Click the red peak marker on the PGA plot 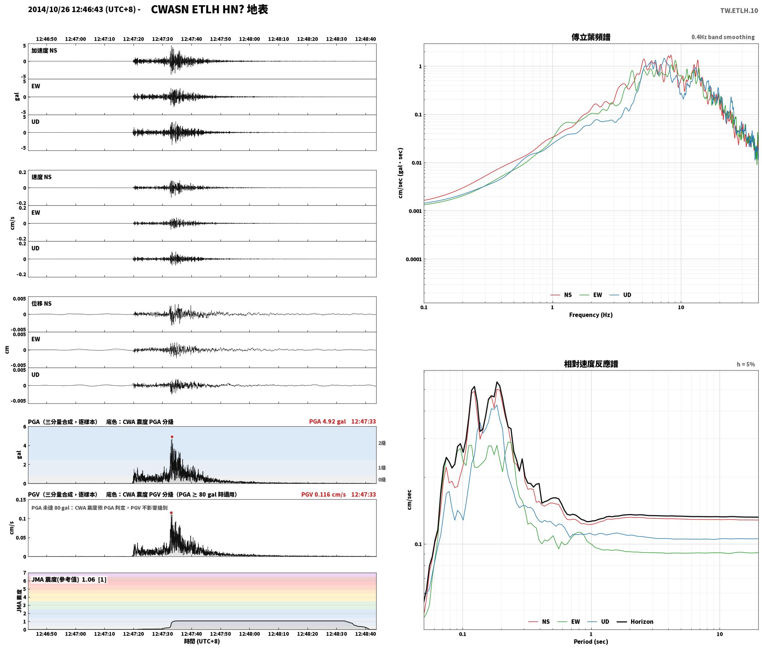(x=172, y=437)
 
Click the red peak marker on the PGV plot (x=171, y=513)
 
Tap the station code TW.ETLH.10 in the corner (x=739, y=10)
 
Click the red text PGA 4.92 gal (x=328, y=421)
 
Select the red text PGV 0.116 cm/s (x=323, y=494)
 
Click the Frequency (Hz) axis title (x=590, y=315)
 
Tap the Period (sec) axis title (x=590, y=642)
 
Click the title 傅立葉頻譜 (x=591, y=37)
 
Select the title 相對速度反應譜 (x=591, y=364)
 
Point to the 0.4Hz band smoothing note (x=723, y=37)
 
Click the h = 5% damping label (x=746, y=364)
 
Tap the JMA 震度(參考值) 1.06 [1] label (x=69, y=579)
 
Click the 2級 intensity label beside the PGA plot (x=382, y=443)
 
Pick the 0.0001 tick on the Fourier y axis (x=413, y=259)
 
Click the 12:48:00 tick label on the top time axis (x=249, y=39)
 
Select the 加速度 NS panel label (x=44, y=51)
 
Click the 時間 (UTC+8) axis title (x=202, y=641)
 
